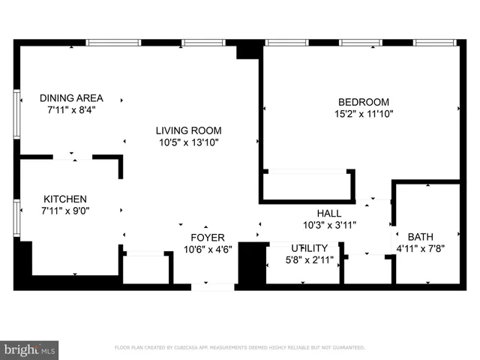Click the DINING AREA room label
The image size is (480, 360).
point(71,98)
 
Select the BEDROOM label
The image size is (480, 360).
point(364,102)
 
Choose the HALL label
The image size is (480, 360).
point(329,213)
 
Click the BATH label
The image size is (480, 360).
point(420,236)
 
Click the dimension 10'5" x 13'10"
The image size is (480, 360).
point(188,142)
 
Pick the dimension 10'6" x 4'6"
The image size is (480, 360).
point(208,250)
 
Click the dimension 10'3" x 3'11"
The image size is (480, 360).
point(329,224)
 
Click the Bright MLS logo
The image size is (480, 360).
point(30,349)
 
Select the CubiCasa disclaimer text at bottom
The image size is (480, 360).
point(239,348)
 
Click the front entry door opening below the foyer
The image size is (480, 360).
point(213,286)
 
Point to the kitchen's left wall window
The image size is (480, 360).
point(16,217)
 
